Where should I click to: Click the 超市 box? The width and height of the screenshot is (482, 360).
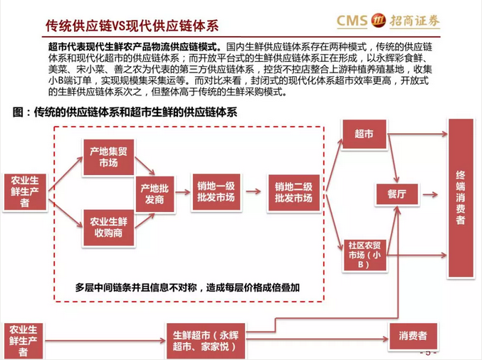pos(363,134)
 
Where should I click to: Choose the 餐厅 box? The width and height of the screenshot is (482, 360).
pos(397,193)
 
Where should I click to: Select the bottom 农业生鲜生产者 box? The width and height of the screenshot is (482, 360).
pos(25,340)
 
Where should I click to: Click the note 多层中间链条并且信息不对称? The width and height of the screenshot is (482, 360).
pos(187,287)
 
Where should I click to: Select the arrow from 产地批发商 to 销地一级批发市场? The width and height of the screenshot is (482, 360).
pos(184,192)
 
